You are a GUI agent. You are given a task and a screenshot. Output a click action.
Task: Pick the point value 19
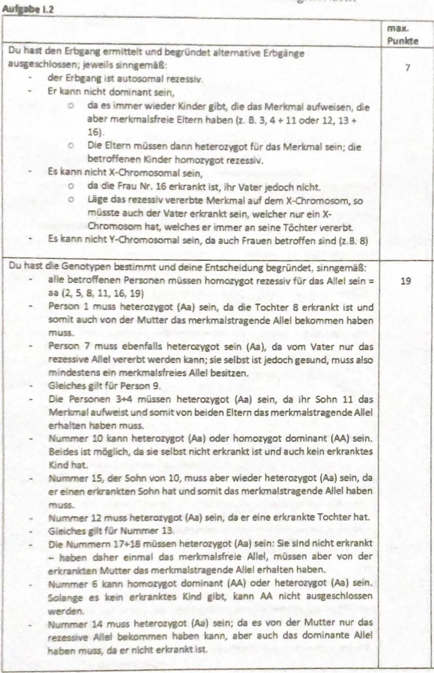pos(405,282)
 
